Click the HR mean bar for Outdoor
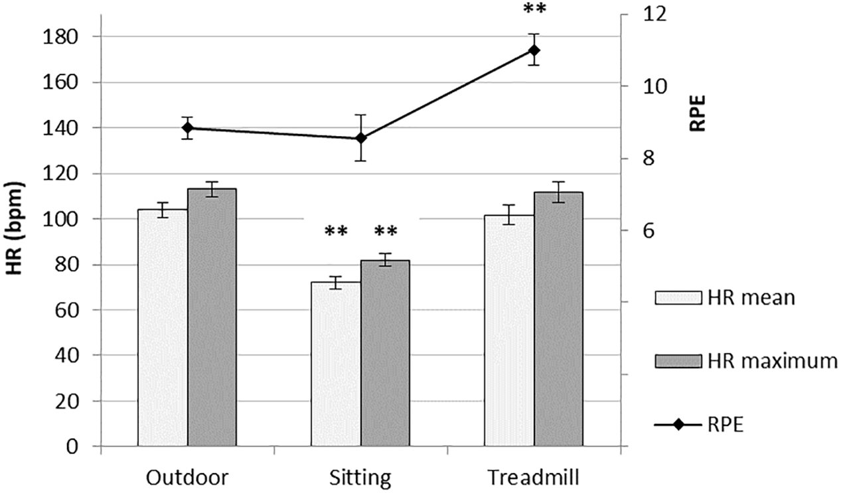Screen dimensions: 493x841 click(162, 328)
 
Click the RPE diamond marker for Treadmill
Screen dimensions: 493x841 click(534, 50)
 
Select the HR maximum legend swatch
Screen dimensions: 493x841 click(678, 362)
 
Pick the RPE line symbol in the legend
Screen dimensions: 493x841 click(678, 425)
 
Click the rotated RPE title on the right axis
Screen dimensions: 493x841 click(698, 113)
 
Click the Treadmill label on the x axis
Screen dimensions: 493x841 click(534, 478)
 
